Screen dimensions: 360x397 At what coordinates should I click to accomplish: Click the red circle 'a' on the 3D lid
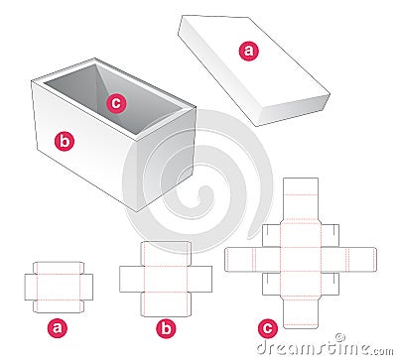pos(248,50)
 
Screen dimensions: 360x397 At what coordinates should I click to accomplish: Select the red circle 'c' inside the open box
pos(115,101)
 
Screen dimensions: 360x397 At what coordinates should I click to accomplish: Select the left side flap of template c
pos(240,259)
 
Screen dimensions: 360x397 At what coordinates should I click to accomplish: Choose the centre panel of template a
pos(57,285)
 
